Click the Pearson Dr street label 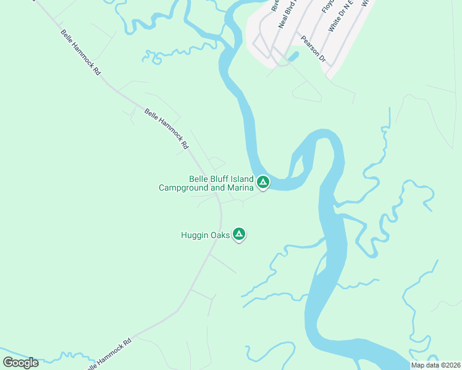click(313, 49)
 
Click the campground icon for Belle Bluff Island click(263, 182)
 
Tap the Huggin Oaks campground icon click(239, 234)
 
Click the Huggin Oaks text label click(204, 235)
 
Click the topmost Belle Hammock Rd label click(80, 52)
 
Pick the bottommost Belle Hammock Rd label click(109, 353)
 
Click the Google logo click(20, 362)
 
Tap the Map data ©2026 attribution click(435, 365)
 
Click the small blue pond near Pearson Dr click(292, 57)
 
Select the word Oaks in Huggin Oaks click(218, 235)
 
